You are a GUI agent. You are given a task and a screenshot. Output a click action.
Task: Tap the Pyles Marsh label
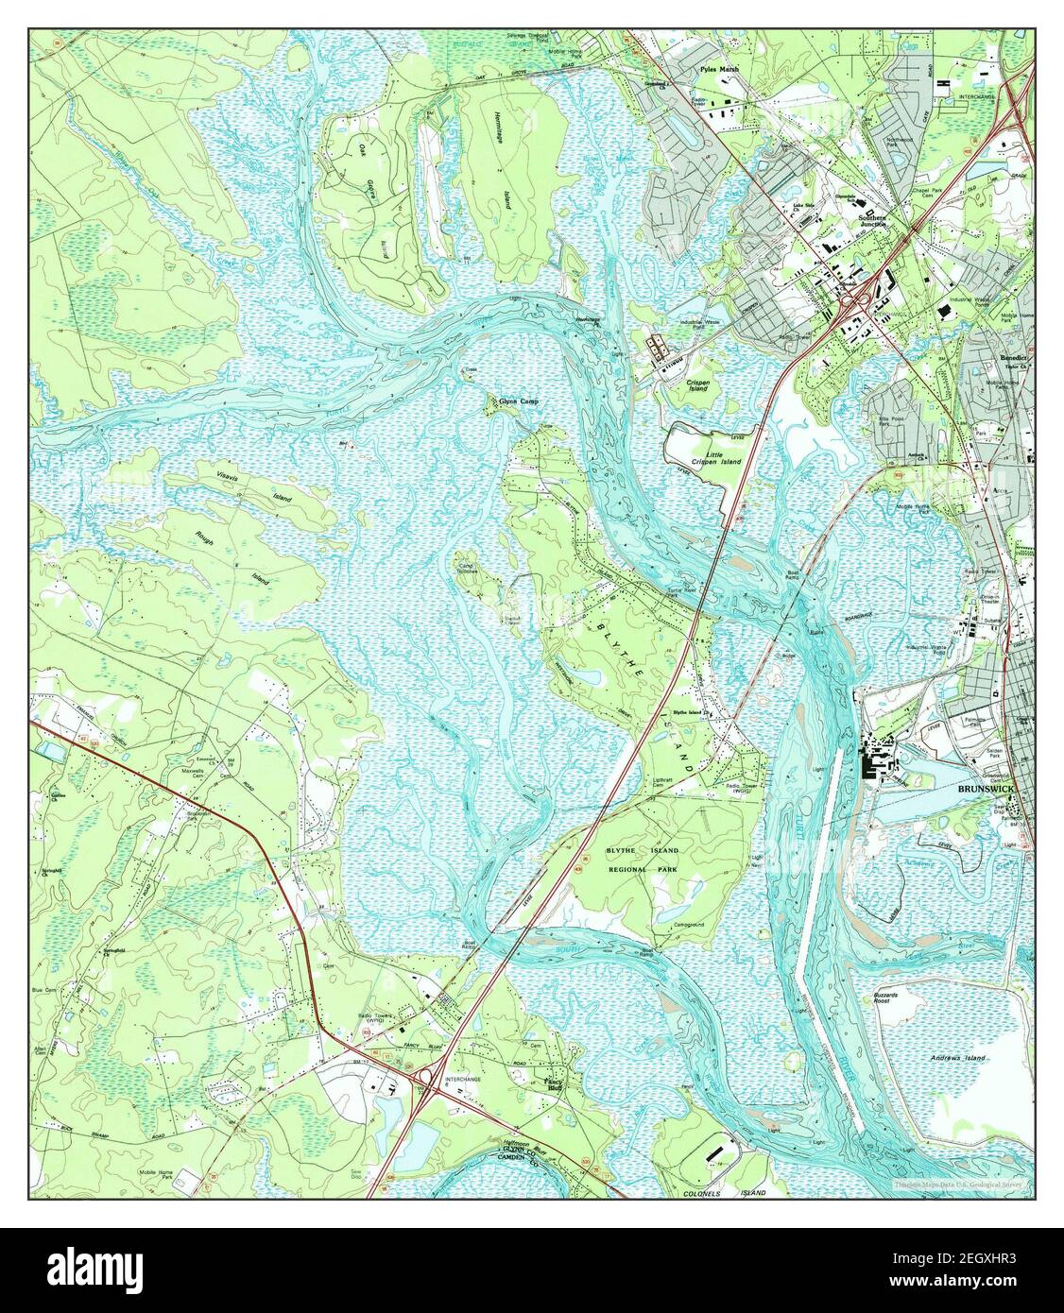coord(720,69)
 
